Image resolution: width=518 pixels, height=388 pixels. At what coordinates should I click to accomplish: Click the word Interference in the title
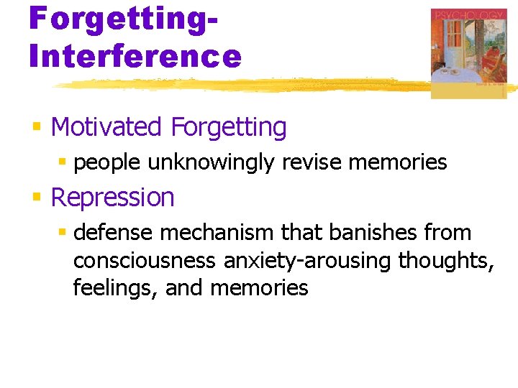[135, 55]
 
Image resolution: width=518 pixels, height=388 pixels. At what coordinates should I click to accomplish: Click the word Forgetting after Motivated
[228, 127]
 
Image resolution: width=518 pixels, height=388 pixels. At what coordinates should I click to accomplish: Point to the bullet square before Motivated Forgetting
[37, 128]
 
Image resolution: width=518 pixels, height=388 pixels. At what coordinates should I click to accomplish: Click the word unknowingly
[211, 162]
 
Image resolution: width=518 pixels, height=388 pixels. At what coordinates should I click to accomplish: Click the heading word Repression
[113, 198]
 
